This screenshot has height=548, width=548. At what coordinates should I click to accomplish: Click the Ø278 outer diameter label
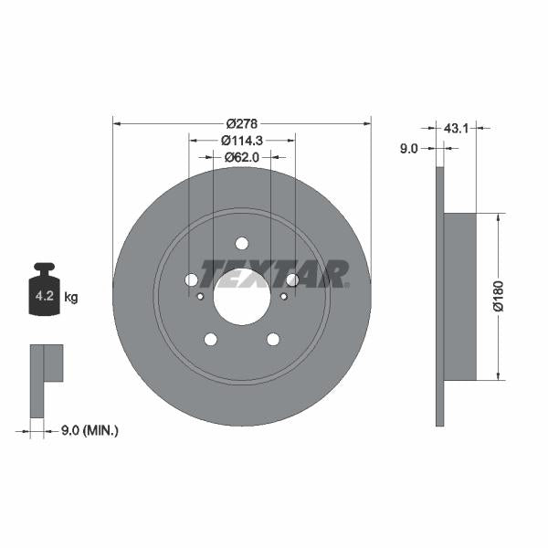point(242,123)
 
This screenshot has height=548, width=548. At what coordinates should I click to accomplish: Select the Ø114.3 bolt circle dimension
point(242,141)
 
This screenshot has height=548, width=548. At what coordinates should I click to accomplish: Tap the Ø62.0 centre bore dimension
point(242,157)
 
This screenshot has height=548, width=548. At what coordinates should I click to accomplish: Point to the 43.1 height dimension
point(456,129)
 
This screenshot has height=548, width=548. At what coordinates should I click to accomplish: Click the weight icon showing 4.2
point(44,292)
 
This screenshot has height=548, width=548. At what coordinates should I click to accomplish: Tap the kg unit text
point(70,298)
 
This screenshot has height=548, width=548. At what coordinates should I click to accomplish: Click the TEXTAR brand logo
point(274,273)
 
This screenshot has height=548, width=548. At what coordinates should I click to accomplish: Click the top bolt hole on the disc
point(242,243)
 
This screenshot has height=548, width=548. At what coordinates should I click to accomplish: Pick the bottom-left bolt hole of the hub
point(211,340)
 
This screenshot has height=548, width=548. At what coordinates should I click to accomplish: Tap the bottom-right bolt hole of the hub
point(273,340)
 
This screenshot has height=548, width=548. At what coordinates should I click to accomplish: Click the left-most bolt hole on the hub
point(192,280)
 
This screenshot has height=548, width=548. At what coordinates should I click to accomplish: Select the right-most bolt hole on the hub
point(292,280)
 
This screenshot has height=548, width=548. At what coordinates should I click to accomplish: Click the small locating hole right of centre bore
point(283,296)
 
